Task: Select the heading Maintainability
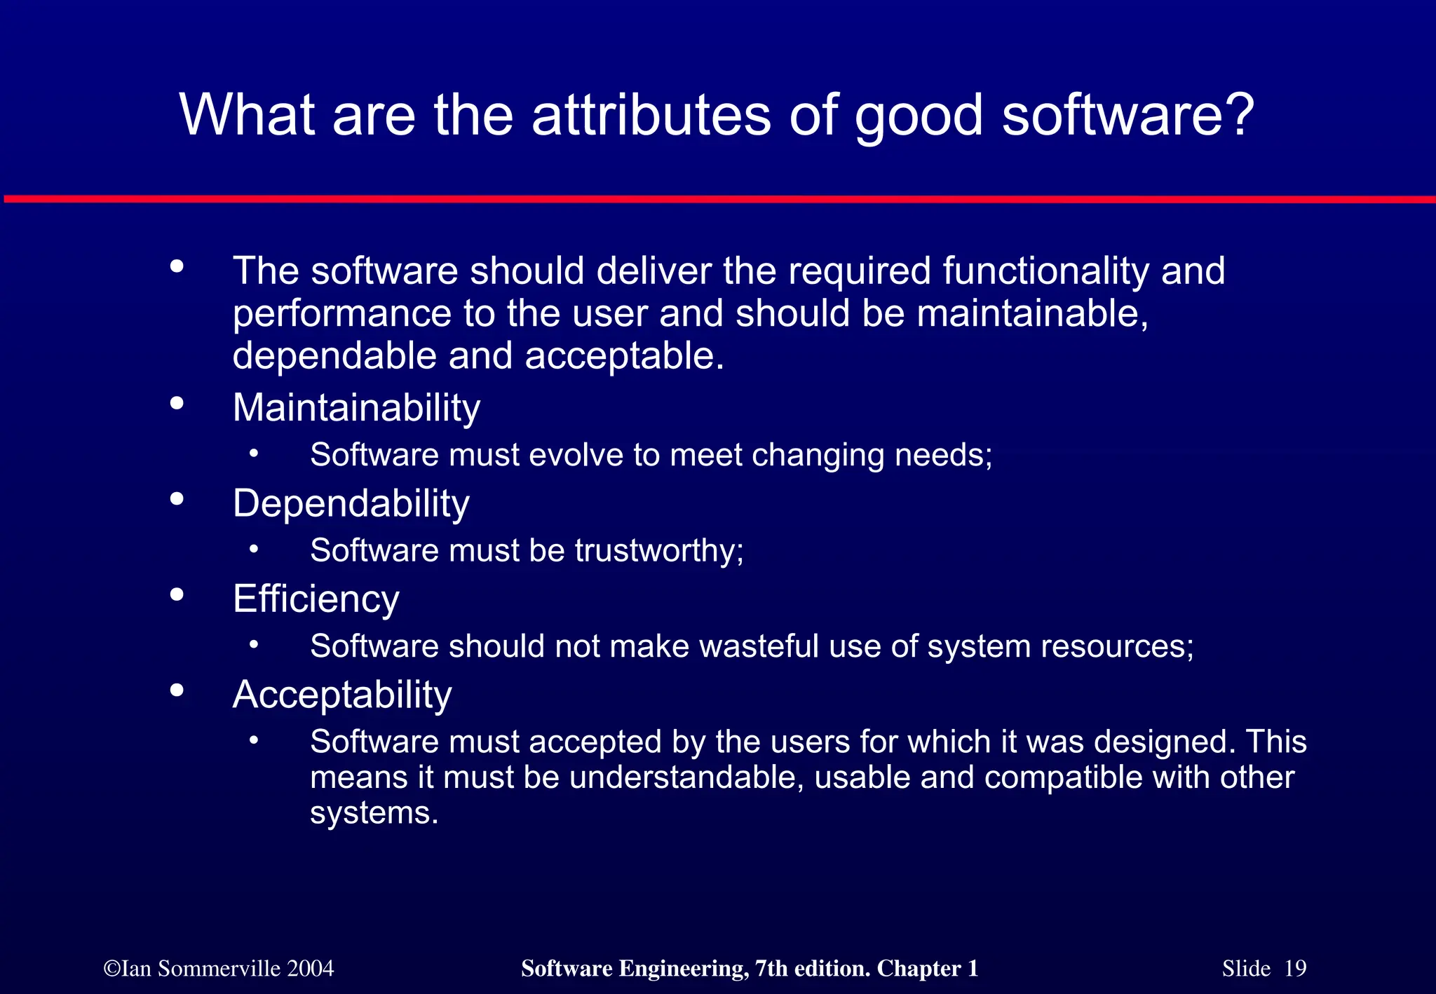coord(356,408)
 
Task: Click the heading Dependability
coord(351,503)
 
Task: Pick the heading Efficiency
coord(316,599)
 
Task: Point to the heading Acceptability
coord(341,695)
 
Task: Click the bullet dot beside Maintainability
coord(177,403)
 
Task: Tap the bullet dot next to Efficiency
coord(177,594)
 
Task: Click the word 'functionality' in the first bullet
coord(1045,271)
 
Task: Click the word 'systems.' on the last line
coord(374,813)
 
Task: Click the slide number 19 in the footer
coord(1295,969)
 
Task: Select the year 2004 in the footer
coord(310,969)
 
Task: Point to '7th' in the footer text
coord(769,969)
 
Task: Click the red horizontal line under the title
coord(718,200)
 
